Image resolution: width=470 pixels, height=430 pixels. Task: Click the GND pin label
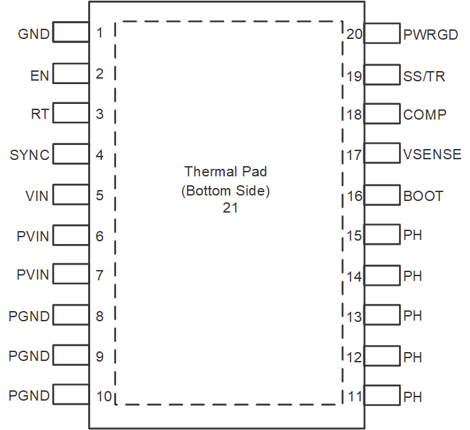[33, 33]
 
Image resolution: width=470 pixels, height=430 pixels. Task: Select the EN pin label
[40, 75]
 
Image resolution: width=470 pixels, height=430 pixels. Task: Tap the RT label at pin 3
[40, 114]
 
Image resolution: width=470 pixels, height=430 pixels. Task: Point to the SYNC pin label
[29, 155]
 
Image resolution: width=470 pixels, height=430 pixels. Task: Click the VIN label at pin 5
[37, 196]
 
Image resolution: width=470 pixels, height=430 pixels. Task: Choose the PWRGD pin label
[430, 34]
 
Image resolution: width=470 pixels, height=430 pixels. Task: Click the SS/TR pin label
[424, 76]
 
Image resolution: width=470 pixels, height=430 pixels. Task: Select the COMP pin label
[425, 115]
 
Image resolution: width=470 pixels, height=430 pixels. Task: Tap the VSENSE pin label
[432, 155]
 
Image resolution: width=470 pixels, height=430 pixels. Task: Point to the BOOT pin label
[424, 196]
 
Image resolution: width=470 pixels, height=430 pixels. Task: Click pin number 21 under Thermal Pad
[230, 208]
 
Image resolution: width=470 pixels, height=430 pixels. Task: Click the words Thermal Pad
[226, 171]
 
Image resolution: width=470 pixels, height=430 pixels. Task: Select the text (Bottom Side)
[225, 191]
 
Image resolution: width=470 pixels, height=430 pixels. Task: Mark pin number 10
[104, 396]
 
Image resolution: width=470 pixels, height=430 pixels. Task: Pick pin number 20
[354, 34]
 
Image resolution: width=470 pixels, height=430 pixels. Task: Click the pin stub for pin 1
[70, 32]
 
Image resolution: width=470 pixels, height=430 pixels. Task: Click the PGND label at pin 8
[29, 317]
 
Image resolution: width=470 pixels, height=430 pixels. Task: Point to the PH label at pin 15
[413, 236]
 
